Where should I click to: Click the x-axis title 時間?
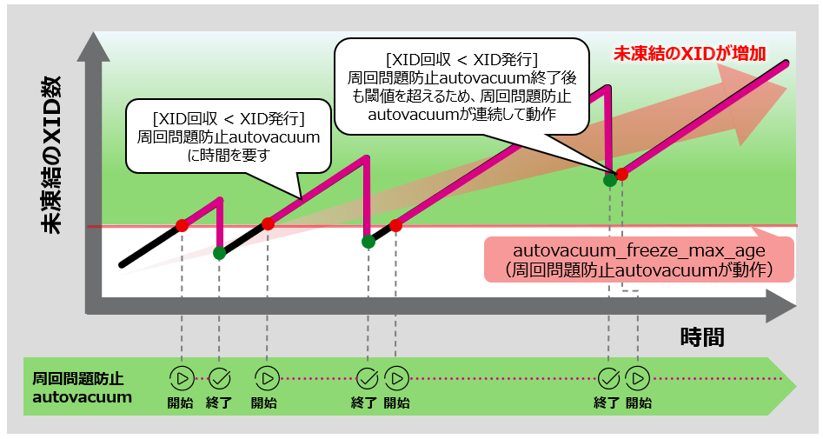point(701,336)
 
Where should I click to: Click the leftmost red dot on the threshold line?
point(182,225)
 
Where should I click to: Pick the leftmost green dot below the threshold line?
point(219,253)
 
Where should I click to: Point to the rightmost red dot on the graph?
point(621,174)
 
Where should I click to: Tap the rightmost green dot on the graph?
point(610,180)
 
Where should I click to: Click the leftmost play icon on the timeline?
point(181,378)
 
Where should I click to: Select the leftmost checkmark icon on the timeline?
point(219,378)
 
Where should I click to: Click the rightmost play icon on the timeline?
point(638,378)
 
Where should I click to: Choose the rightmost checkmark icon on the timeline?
point(608,378)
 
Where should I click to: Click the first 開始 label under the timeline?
point(181,402)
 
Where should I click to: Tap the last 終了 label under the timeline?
point(608,402)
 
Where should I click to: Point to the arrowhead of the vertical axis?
point(92,46)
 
